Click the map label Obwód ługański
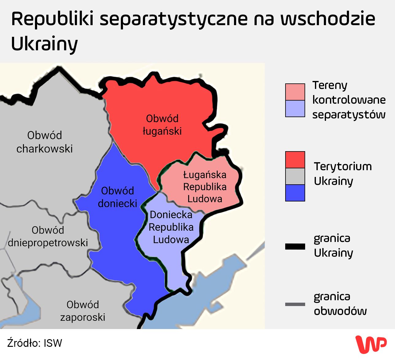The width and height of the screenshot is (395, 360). (x=162, y=125)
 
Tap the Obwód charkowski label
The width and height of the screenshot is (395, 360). (x=44, y=142)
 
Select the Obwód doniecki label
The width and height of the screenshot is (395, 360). (x=117, y=197)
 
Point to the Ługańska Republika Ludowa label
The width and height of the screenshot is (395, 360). (x=205, y=187)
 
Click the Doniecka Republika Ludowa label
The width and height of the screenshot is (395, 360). (x=171, y=227)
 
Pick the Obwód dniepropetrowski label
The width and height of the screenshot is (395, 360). (x=48, y=236)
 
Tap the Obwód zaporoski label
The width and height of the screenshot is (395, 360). (x=83, y=311)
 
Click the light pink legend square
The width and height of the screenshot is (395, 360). (x=295, y=92)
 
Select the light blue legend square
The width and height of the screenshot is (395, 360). (x=295, y=109)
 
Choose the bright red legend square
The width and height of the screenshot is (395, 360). (x=295, y=160)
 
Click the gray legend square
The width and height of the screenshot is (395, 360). (x=295, y=176)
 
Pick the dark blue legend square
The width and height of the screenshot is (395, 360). (x=295, y=193)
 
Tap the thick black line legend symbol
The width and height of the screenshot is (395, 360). (x=295, y=247)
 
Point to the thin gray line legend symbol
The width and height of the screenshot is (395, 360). (x=295, y=304)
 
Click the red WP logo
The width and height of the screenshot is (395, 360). (x=371, y=344)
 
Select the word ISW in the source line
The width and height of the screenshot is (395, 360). (x=53, y=343)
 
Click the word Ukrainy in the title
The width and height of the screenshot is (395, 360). (x=44, y=44)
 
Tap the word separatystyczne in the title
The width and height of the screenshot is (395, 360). (x=174, y=19)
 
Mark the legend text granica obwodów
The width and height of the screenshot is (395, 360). (x=340, y=304)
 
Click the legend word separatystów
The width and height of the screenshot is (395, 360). (x=349, y=114)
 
